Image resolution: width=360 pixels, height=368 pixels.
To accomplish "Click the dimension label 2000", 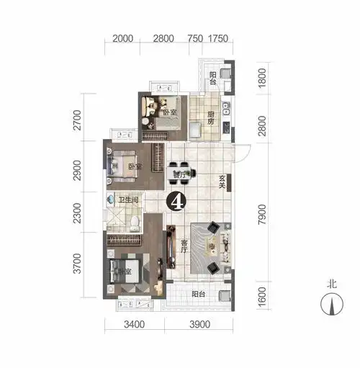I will pyautogui.click(x=124, y=38).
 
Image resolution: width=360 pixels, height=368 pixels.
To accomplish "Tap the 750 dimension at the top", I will pyautogui.click(x=194, y=38).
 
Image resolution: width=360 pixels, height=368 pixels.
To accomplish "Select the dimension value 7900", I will pyautogui.click(x=263, y=214).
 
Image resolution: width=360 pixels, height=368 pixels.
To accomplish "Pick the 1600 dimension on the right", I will pyautogui.click(x=263, y=296).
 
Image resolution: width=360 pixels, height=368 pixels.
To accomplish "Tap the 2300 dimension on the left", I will pyautogui.click(x=86, y=212).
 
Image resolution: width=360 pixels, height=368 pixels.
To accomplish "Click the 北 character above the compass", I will pyautogui.click(x=332, y=284).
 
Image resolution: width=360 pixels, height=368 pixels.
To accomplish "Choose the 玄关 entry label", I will pyautogui.click(x=224, y=181).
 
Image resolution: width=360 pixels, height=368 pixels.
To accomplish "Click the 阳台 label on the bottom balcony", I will pyautogui.click(x=199, y=295).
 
